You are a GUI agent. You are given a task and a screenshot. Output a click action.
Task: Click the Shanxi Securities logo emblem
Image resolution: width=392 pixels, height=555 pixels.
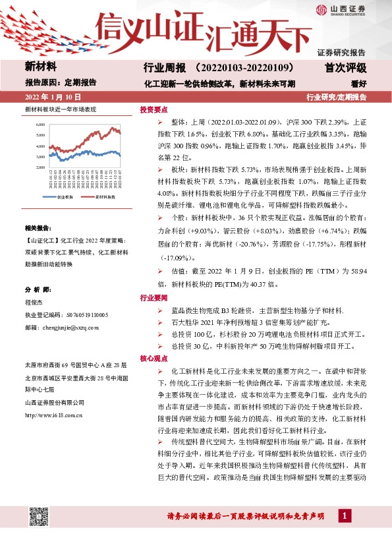coord(320,10)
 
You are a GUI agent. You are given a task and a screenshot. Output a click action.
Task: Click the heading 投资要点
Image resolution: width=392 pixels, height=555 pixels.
coord(154,110)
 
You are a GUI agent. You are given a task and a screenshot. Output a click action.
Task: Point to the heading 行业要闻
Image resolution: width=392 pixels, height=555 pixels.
coord(154,298)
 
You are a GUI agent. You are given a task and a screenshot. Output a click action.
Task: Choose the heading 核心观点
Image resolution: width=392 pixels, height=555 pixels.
coord(154,359)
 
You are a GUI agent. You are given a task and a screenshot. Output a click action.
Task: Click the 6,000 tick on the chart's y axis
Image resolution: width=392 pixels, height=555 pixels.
coord(40,124)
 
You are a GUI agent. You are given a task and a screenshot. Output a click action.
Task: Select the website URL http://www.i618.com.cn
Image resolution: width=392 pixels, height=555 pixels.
coord(53,415)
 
